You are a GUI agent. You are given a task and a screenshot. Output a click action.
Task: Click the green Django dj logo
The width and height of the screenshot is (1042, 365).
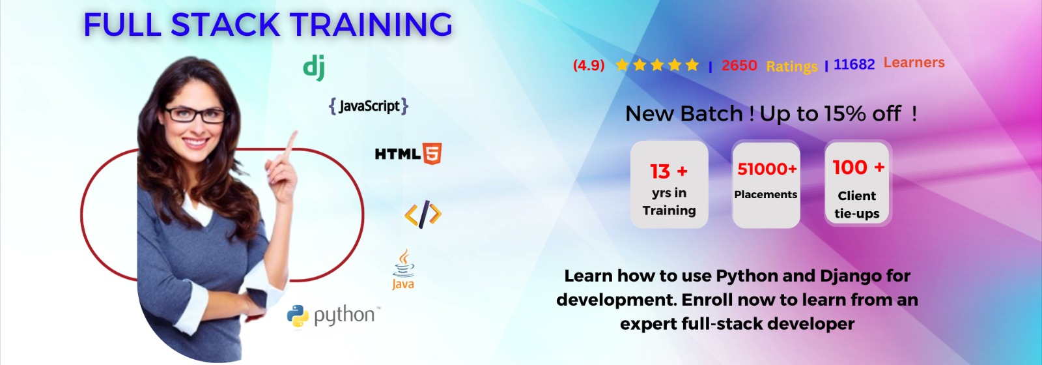pyautogui.click(x=314, y=68)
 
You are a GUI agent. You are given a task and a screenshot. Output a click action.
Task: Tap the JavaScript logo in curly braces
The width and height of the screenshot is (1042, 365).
pyautogui.click(x=369, y=106)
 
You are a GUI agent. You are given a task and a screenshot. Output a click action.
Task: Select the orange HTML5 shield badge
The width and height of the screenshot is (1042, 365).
pyautogui.click(x=432, y=154)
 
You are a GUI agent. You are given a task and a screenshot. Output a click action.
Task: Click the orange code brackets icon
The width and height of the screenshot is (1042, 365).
pyautogui.click(x=423, y=214)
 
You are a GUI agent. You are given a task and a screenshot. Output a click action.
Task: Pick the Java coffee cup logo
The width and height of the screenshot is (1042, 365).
pyautogui.click(x=403, y=269)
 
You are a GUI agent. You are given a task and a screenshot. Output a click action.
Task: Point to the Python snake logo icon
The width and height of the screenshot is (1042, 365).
pyautogui.click(x=298, y=317)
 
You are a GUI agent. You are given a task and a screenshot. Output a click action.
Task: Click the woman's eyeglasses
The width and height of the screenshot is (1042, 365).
pyautogui.click(x=195, y=114)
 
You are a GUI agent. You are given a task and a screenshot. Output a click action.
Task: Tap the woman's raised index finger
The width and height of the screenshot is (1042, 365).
pyautogui.click(x=291, y=144)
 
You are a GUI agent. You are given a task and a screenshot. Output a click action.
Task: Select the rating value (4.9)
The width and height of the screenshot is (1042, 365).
pyautogui.click(x=589, y=65)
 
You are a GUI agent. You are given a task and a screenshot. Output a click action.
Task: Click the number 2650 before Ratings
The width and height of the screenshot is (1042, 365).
pyautogui.click(x=739, y=65)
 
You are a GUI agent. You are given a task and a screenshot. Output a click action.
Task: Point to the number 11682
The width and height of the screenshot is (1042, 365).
pyautogui.click(x=854, y=65)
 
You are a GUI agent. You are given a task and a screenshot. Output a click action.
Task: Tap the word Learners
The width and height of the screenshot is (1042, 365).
pyautogui.click(x=914, y=63)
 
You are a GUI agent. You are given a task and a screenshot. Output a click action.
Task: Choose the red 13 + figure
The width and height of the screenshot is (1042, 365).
pyautogui.click(x=668, y=171)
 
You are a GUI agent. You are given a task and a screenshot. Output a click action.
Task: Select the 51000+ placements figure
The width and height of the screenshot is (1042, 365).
pyautogui.click(x=767, y=169)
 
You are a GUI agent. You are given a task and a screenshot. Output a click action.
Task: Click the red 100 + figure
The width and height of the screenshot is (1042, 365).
pyautogui.click(x=858, y=168)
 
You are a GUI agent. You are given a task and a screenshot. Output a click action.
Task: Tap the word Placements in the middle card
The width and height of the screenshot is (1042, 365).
pyautogui.click(x=766, y=195)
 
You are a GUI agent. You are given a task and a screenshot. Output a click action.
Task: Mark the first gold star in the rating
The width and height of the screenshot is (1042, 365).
pyautogui.click(x=622, y=65)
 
